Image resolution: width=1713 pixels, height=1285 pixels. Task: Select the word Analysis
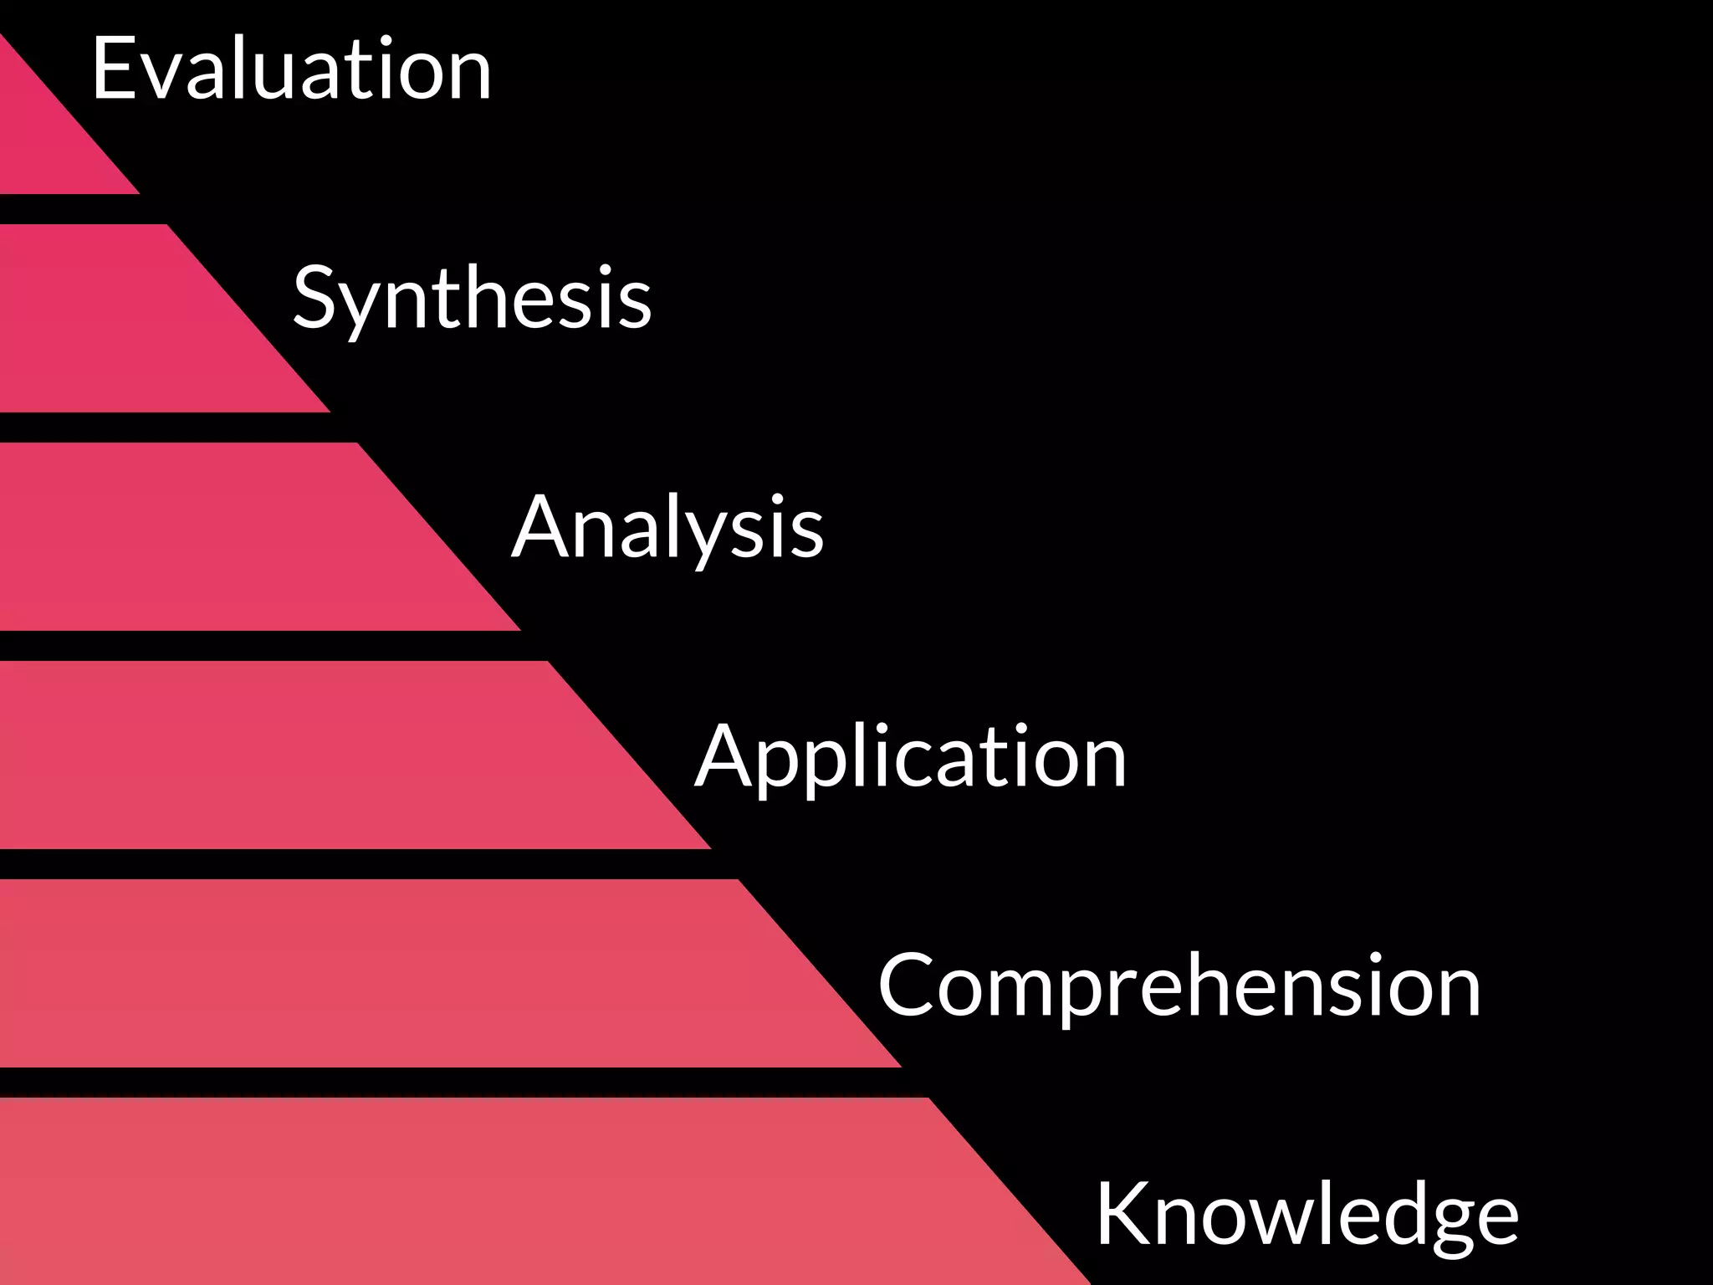click(667, 528)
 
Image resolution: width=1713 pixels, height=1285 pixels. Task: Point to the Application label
click(910, 757)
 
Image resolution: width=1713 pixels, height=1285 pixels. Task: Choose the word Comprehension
click(1179, 986)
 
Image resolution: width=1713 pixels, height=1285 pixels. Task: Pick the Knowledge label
click(1306, 1215)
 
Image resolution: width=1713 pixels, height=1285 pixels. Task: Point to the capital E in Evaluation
click(115, 69)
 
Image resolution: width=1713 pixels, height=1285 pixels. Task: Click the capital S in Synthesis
click(314, 297)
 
